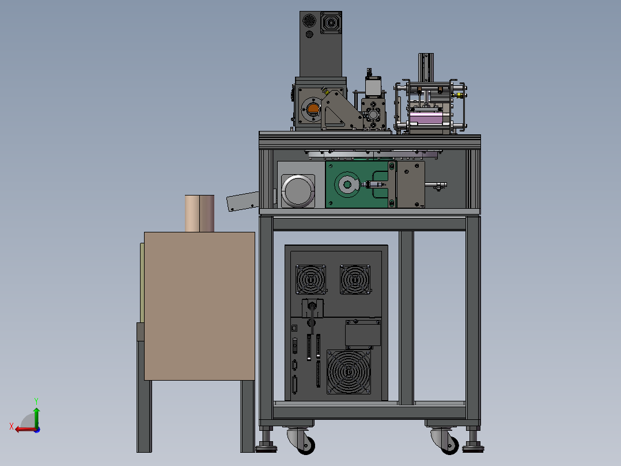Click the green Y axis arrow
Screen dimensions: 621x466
pyautogui.click(x=36, y=416)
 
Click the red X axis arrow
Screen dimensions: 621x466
pyautogui.click(x=25, y=429)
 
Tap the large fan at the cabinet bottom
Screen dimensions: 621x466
pyautogui.click(x=349, y=371)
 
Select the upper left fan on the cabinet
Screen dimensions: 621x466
pyautogui.click(x=311, y=280)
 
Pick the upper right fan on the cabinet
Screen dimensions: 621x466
pyautogui.click(x=355, y=280)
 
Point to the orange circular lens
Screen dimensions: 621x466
pyautogui.click(x=313, y=108)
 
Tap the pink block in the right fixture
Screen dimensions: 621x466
pyautogui.click(x=426, y=118)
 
